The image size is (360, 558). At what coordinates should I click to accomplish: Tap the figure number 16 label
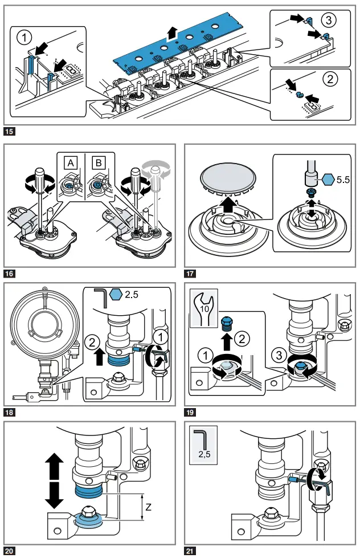10,273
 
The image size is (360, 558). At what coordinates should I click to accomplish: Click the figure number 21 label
191,551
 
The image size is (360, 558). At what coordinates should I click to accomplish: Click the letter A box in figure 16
71,162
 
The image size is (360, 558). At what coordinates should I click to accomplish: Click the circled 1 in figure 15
23,38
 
